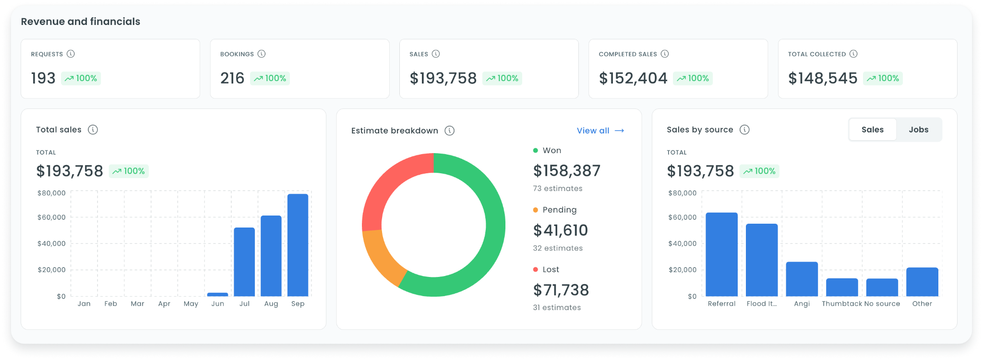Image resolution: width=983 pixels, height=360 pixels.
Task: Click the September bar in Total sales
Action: click(x=298, y=245)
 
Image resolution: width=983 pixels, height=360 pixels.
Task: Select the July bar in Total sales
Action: click(x=244, y=262)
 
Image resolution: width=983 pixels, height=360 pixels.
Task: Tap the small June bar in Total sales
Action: click(x=217, y=294)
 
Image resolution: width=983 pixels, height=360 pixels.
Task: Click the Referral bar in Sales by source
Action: click(x=721, y=254)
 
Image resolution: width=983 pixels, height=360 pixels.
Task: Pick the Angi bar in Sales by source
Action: click(x=802, y=279)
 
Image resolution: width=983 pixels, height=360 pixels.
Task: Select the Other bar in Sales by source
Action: click(x=922, y=282)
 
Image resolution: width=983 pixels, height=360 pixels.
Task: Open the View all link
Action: click(x=600, y=131)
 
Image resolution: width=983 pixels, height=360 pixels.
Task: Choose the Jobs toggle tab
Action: click(x=918, y=130)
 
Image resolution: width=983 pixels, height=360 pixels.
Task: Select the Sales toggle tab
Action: click(x=873, y=130)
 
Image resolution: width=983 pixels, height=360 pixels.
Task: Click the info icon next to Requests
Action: click(x=71, y=54)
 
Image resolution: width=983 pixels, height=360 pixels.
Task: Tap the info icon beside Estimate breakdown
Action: click(x=449, y=131)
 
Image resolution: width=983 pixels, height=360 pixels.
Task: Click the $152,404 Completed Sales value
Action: click(x=633, y=78)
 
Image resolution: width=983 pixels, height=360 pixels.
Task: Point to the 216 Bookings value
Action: click(x=232, y=78)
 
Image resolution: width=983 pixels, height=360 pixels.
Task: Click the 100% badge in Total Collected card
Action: click(x=883, y=78)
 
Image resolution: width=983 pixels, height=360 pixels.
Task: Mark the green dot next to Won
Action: click(x=535, y=150)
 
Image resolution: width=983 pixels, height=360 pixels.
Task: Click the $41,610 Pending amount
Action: click(x=561, y=230)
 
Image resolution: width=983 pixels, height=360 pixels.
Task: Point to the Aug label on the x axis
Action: click(x=271, y=304)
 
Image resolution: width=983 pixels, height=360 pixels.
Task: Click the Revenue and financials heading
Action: click(x=81, y=22)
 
